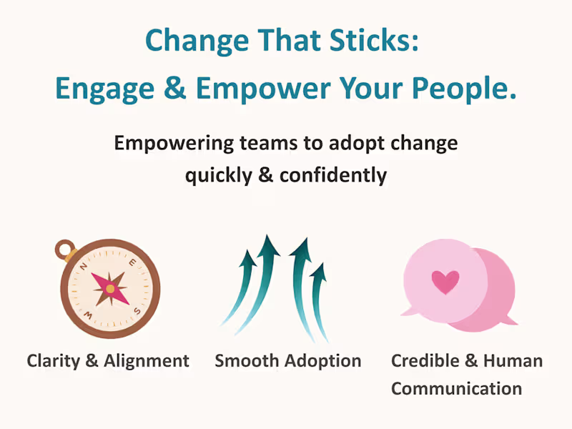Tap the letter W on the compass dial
point(89,312)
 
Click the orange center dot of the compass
point(110,288)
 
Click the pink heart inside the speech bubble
point(445,282)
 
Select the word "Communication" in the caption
point(456,389)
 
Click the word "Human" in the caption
point(512,360)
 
